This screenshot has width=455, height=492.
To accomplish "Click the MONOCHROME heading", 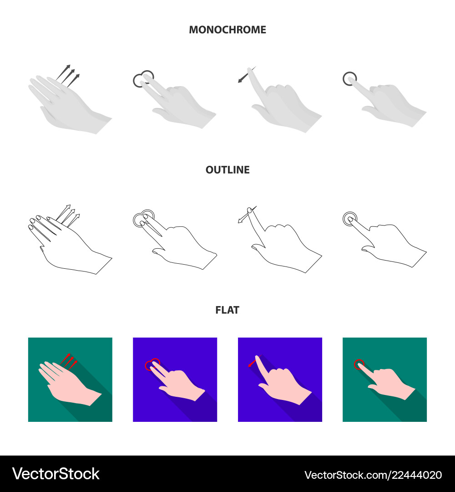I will [x=227, y=30].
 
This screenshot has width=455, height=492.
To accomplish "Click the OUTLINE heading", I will [x=227, y=170].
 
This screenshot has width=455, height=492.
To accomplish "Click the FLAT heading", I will [x=227, y=310].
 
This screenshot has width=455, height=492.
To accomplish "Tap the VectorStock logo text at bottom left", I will [x=56, y=474].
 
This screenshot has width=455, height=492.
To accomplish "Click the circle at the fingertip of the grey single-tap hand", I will [x=349, y=79].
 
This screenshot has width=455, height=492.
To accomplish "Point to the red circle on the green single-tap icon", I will [x=359, y=364].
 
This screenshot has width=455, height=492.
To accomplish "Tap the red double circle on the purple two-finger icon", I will [x=152, y=364].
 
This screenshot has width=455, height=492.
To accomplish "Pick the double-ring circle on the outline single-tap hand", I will [x=349, y=219].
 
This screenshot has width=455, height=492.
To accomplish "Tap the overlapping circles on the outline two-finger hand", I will [x=143, y=217].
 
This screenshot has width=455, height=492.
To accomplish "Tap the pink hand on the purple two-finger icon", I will [x=182, y=385].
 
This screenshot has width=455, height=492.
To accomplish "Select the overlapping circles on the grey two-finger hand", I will [x=143, y=79].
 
